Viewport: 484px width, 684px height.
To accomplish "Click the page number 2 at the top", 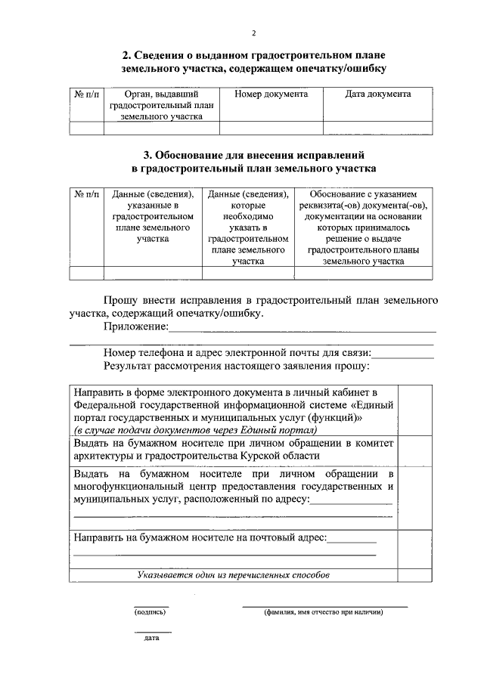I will coord(254,33).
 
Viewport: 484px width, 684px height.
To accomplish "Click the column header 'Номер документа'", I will coord(271,94).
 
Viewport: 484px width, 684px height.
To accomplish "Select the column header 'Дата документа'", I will coord(377,94).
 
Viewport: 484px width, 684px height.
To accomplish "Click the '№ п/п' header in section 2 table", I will coord(86,94).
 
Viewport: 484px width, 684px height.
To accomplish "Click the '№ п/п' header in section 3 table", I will coord(86,194).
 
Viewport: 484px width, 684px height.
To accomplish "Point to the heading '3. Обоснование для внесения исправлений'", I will coord(254,154).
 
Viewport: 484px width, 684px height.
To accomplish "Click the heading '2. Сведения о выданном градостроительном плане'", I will coord(254,55).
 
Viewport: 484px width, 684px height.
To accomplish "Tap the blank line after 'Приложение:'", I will coord(302,330).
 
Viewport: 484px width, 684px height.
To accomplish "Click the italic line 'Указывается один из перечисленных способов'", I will coord(234,575).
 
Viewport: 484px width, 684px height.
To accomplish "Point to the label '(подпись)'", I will coord(150,612).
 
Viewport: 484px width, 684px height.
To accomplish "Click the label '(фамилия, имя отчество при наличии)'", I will coord(324,612).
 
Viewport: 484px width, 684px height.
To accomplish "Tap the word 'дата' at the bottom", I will coord(151,639).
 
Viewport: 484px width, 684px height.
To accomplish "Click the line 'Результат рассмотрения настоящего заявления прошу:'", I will coord(237,366).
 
